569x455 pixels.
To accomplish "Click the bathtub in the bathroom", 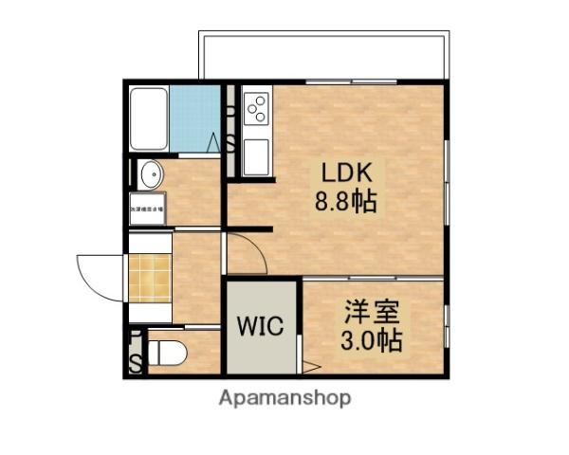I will (x=148, y=118).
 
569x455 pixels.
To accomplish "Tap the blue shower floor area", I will (x=195, y=118).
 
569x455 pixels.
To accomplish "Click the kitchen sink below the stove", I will (x=256, y=155).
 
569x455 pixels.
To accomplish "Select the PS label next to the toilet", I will (x=136, y=353).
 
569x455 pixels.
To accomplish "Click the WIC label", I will (x=260, y=327).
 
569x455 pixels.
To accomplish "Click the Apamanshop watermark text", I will (x=284, y=398).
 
